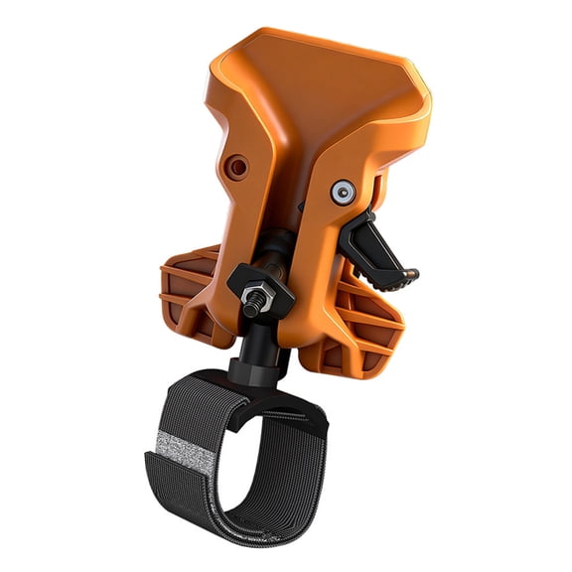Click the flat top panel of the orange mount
pyautogui.click(x=318, y=79)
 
